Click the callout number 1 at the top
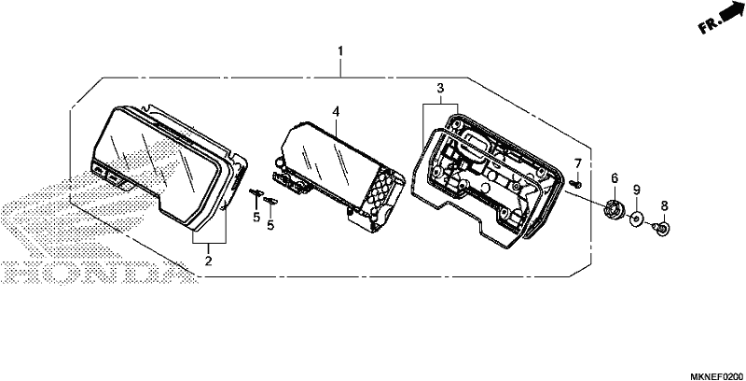pyautogui.click(x=340, y=51)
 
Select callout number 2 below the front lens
pyautogui.click(x=208, y=261)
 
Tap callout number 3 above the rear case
pyautogui.click(x=440, y=88)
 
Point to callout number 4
pyautogui.click(x=336, y=112)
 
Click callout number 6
pyautogui.click(x=615, y=178)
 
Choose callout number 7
pyautogui.click(x=578, y=163)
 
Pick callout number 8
pyautogui.click(x=665, y=206)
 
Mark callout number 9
pyautogui.click(x=637, y=190)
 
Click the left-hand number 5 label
pyautogui.click(x=256, y=218)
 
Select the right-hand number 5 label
pyautogui.click(x=270, y=226)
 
